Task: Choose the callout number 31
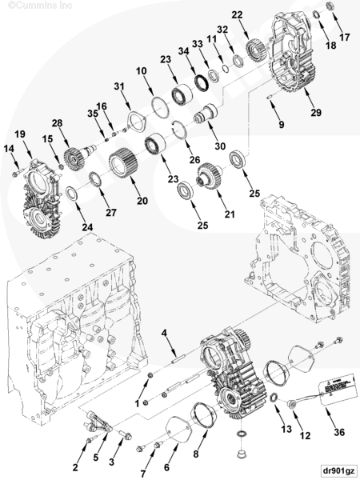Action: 119,86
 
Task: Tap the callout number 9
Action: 281,125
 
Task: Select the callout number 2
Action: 75,466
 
